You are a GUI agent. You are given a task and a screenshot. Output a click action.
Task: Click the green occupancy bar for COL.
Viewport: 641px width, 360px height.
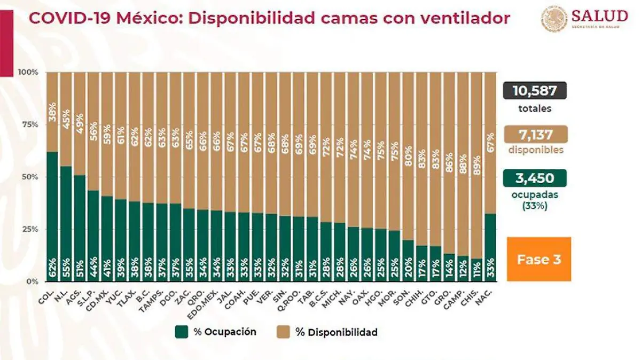coord(52,214)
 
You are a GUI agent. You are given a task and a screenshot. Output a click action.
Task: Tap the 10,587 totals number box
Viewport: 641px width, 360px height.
coord(534,91)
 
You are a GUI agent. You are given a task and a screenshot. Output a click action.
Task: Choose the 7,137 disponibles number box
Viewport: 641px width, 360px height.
coord(534,134)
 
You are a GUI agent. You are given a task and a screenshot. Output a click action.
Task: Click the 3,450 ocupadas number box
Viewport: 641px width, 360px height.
coord(534,178)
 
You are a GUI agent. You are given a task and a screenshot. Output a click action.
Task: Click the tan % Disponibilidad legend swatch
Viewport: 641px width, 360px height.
coord(284,332)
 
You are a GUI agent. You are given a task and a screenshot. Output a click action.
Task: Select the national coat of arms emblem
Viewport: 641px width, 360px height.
coord(554,19)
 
